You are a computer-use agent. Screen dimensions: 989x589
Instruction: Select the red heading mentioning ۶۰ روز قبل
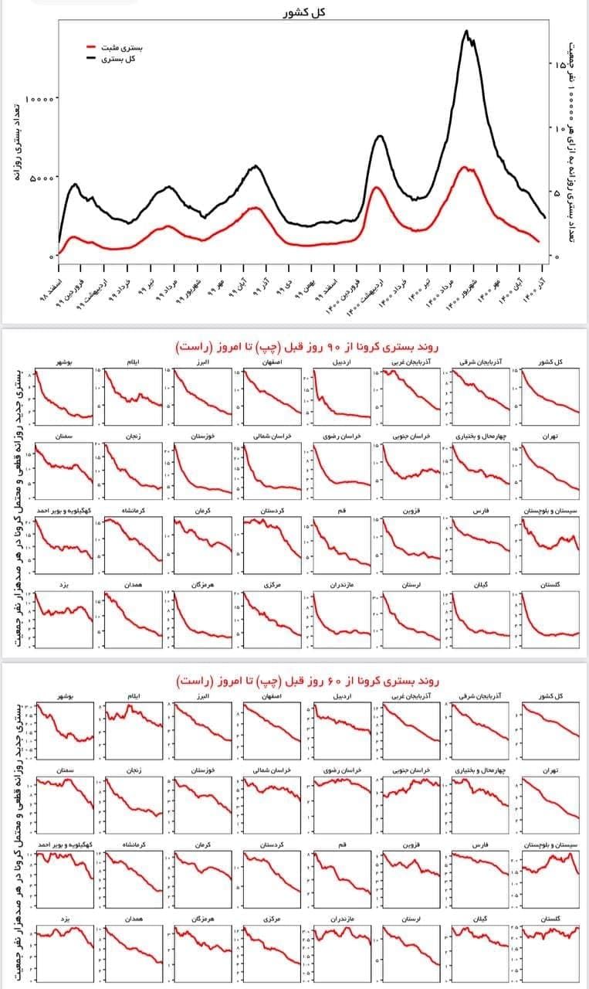point(306,681)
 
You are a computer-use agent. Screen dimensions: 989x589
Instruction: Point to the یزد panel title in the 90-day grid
point(65,586)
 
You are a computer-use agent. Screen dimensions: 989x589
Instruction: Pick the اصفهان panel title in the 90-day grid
point(272,362)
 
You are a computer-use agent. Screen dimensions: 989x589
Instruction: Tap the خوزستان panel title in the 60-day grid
point(202,770)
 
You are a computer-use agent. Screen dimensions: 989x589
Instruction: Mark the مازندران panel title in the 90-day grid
point(341,586)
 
